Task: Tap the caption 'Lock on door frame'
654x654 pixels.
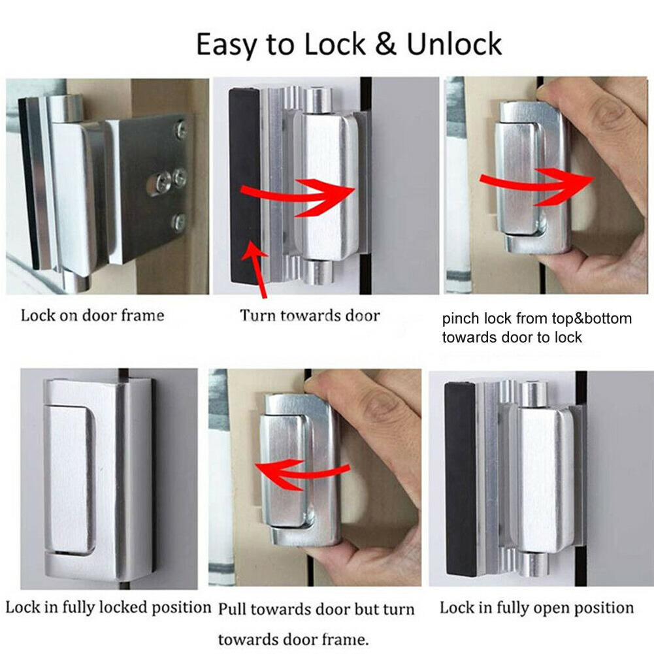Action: coord(92,316)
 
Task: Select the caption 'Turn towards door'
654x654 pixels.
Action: coord(309,316)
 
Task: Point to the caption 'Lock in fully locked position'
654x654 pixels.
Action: coord(108,607)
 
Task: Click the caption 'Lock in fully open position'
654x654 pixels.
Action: coord(536,608)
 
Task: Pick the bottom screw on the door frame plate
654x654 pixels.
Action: coord(178,221)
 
